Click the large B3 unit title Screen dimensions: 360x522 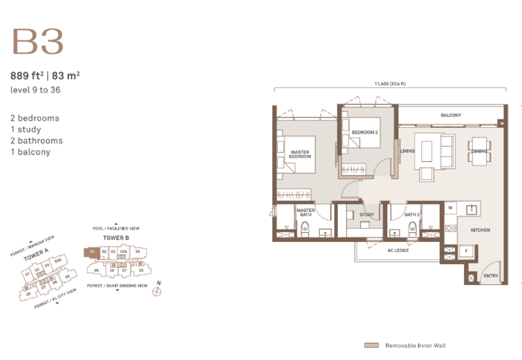coord(37,41)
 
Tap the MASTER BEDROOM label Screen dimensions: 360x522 coord(300,155)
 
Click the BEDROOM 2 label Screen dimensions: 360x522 coord(364,132)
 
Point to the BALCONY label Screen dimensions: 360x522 coord(451,115)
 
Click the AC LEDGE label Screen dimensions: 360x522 coord(398,250)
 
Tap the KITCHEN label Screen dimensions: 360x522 coord(480,231)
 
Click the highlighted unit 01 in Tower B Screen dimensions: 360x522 coord(93,251)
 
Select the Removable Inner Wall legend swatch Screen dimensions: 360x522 coord(371,345)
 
